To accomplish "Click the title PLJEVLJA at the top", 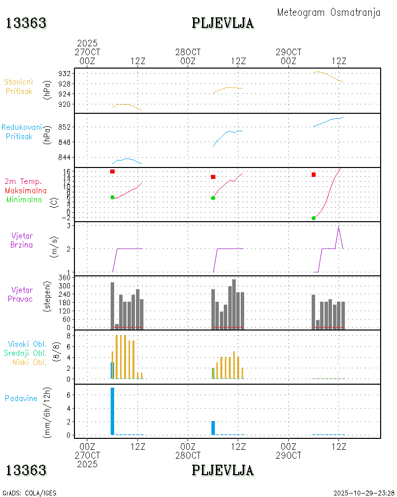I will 222,23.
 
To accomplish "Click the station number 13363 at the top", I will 26,23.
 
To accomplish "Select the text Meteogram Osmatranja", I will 329,12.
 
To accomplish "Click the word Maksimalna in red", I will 26,190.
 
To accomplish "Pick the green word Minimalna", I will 24,199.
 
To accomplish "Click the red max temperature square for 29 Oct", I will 314,174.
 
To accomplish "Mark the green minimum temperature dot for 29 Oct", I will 314,218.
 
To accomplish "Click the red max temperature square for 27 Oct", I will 113,171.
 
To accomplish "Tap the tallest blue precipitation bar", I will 113,411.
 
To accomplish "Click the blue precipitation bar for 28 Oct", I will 213,427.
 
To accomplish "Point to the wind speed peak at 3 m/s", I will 338,227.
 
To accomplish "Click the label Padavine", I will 21,398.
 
